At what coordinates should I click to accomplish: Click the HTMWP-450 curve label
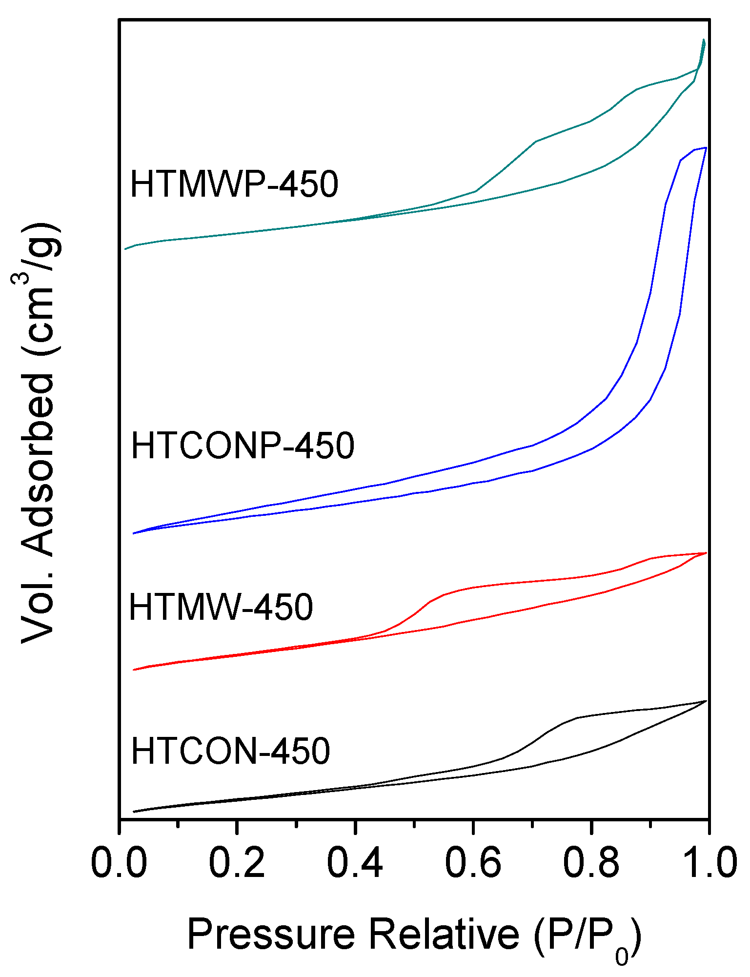click(234, 184)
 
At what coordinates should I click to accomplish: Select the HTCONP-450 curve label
click(243, 445)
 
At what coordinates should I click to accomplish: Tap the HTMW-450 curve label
click(221, 607)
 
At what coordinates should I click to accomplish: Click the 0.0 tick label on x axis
click(119, 862)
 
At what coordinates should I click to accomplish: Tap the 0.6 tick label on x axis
click(473, 862)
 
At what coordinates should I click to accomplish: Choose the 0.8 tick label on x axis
click(591, 862)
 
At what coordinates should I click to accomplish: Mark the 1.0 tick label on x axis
click(708, 862)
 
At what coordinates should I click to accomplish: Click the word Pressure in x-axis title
click(271, 935)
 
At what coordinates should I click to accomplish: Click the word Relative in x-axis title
click(444, 935)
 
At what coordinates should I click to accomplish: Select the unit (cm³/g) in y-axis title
click(38, 288)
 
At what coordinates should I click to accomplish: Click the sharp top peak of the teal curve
click(704, 40)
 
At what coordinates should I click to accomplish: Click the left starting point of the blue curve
click(134, 533)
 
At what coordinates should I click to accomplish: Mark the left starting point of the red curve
click(134, 670)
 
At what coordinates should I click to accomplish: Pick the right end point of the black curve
click(706, 701)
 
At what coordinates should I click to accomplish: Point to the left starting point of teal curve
click(125, 249)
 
